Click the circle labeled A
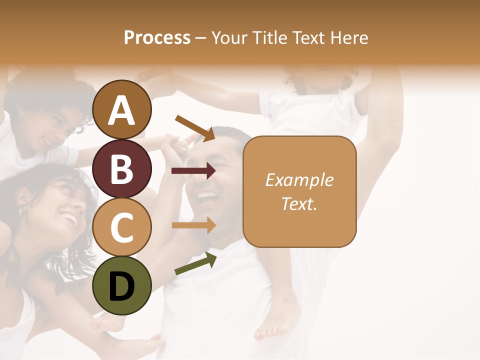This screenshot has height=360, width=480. click(121, 109)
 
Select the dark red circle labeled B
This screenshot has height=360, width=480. click(121, 168)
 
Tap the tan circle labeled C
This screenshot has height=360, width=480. click(121, 227)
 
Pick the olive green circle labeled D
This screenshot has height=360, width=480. click(121, 285)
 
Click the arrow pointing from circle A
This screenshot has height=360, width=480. click(194, 127)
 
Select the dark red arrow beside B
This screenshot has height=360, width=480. click(193, 171)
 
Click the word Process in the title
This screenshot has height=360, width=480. click(157, 37)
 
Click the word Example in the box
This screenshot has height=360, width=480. click(299, 180)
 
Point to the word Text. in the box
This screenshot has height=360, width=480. click(299, 203)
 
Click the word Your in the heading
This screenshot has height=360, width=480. click(228, 37)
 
